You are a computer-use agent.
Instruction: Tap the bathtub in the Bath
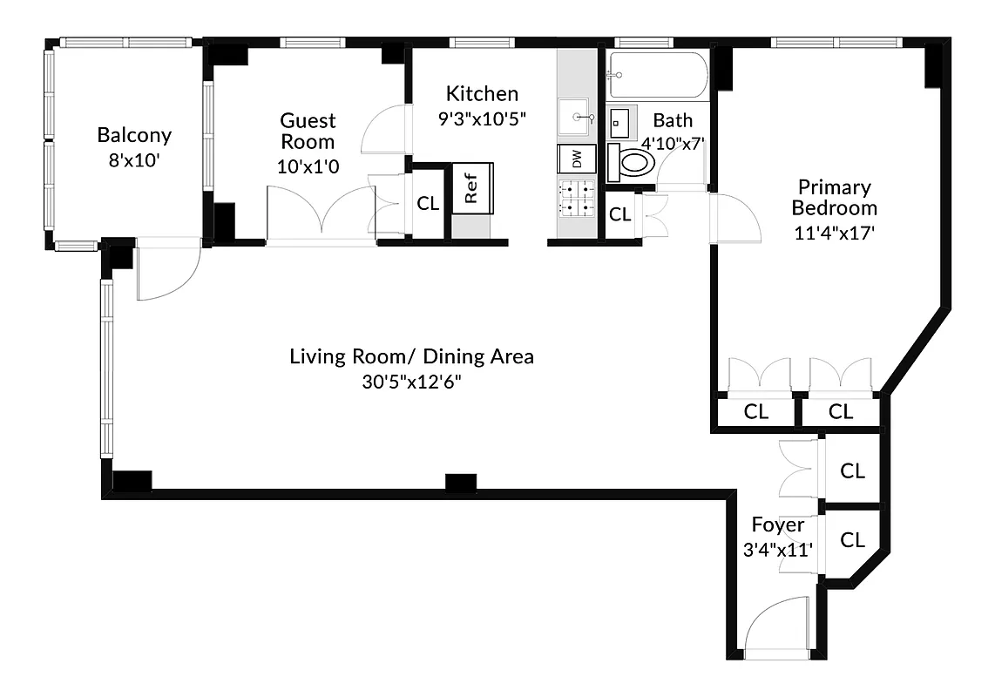click(659, 76)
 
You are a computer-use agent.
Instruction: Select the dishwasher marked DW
click(576, 159)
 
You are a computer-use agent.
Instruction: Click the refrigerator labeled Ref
click(472, 188)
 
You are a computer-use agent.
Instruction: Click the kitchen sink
click(576, 117)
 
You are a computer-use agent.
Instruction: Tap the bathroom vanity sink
click(621, 122)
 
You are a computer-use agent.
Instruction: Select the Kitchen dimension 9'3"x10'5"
click(482, 118)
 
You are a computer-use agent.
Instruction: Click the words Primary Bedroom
click(834, 198)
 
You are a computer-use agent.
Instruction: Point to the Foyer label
click(777, 525)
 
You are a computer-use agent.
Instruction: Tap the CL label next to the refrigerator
click(428, 204)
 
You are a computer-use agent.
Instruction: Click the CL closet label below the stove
click(619, 214)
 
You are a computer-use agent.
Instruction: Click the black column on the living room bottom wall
click(457, 481)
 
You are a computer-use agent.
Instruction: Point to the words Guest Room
click(308, 131)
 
